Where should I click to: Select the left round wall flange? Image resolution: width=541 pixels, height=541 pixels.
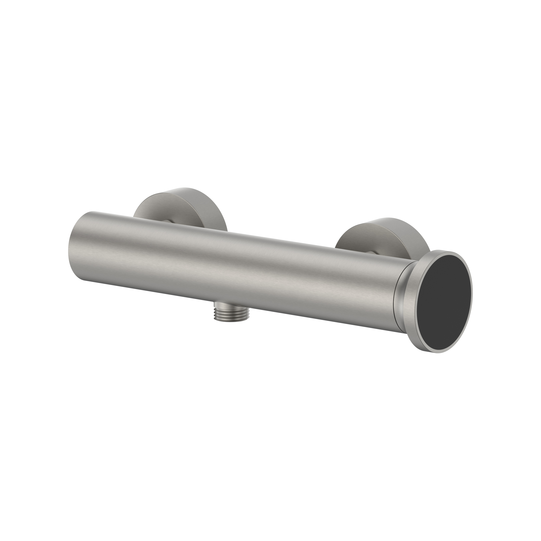179,204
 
